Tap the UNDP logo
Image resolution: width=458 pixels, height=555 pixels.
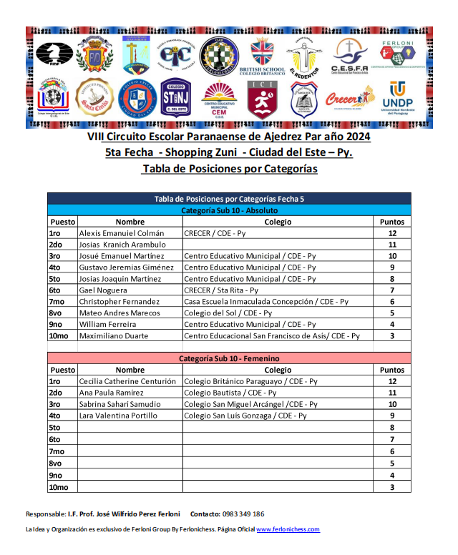coord(397,98)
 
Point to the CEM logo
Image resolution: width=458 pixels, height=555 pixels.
coord(220,99)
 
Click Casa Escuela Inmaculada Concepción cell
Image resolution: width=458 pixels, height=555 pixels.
coord(265,302)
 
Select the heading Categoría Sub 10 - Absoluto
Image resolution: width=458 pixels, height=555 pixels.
coord(229,210)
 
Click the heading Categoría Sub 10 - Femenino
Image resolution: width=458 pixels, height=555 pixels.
coord(229,358)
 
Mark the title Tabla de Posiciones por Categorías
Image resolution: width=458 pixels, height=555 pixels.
coord(229,170)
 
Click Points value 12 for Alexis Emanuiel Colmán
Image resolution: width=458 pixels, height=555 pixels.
coord(392,233)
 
